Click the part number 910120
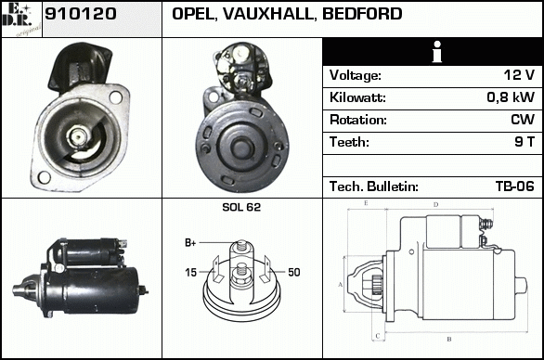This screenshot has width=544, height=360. pyautogui.click(x=80, y=14)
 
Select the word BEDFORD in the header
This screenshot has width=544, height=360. pyautogui.click(x=362, y=14)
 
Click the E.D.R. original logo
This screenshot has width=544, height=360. pyautogui.click(x=21, y=19)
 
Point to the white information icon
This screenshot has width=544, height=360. pyautogui.click(x=437, y=52)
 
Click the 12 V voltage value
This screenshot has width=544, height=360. pyautogui.click(x=519, y=75)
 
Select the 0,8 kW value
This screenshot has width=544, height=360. pyautogui.click(x=511, y=97)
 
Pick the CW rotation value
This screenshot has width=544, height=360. pyautogui.click(x=523, y=120)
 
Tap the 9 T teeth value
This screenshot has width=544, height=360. pyautogui.click(x=525, y=142)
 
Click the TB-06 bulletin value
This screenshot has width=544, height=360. pyautogui.click(x=515, y=186)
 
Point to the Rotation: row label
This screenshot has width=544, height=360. pyautogui.click(x=358, y=120)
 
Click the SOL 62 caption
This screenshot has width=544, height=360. pyautogui.click(x=241, y=207)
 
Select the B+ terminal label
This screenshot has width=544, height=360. pyautogui.click(x=190, y=243)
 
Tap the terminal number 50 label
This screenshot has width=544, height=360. pyautogui.click(x=294, y=272)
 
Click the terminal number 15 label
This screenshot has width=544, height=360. pyautogui.click(x=190, y=273)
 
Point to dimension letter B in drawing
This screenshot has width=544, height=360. pyautogui.click(x=449, y=339)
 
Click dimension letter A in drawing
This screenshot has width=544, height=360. pyautogui.click(x=341, y=285)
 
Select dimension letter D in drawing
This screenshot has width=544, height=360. pyautogui.click(x=435, y=205)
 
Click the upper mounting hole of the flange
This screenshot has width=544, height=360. pyautogui.click(x=115, y=97)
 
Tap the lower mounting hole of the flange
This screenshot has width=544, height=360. pyautogui.click(x=44, y=177)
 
